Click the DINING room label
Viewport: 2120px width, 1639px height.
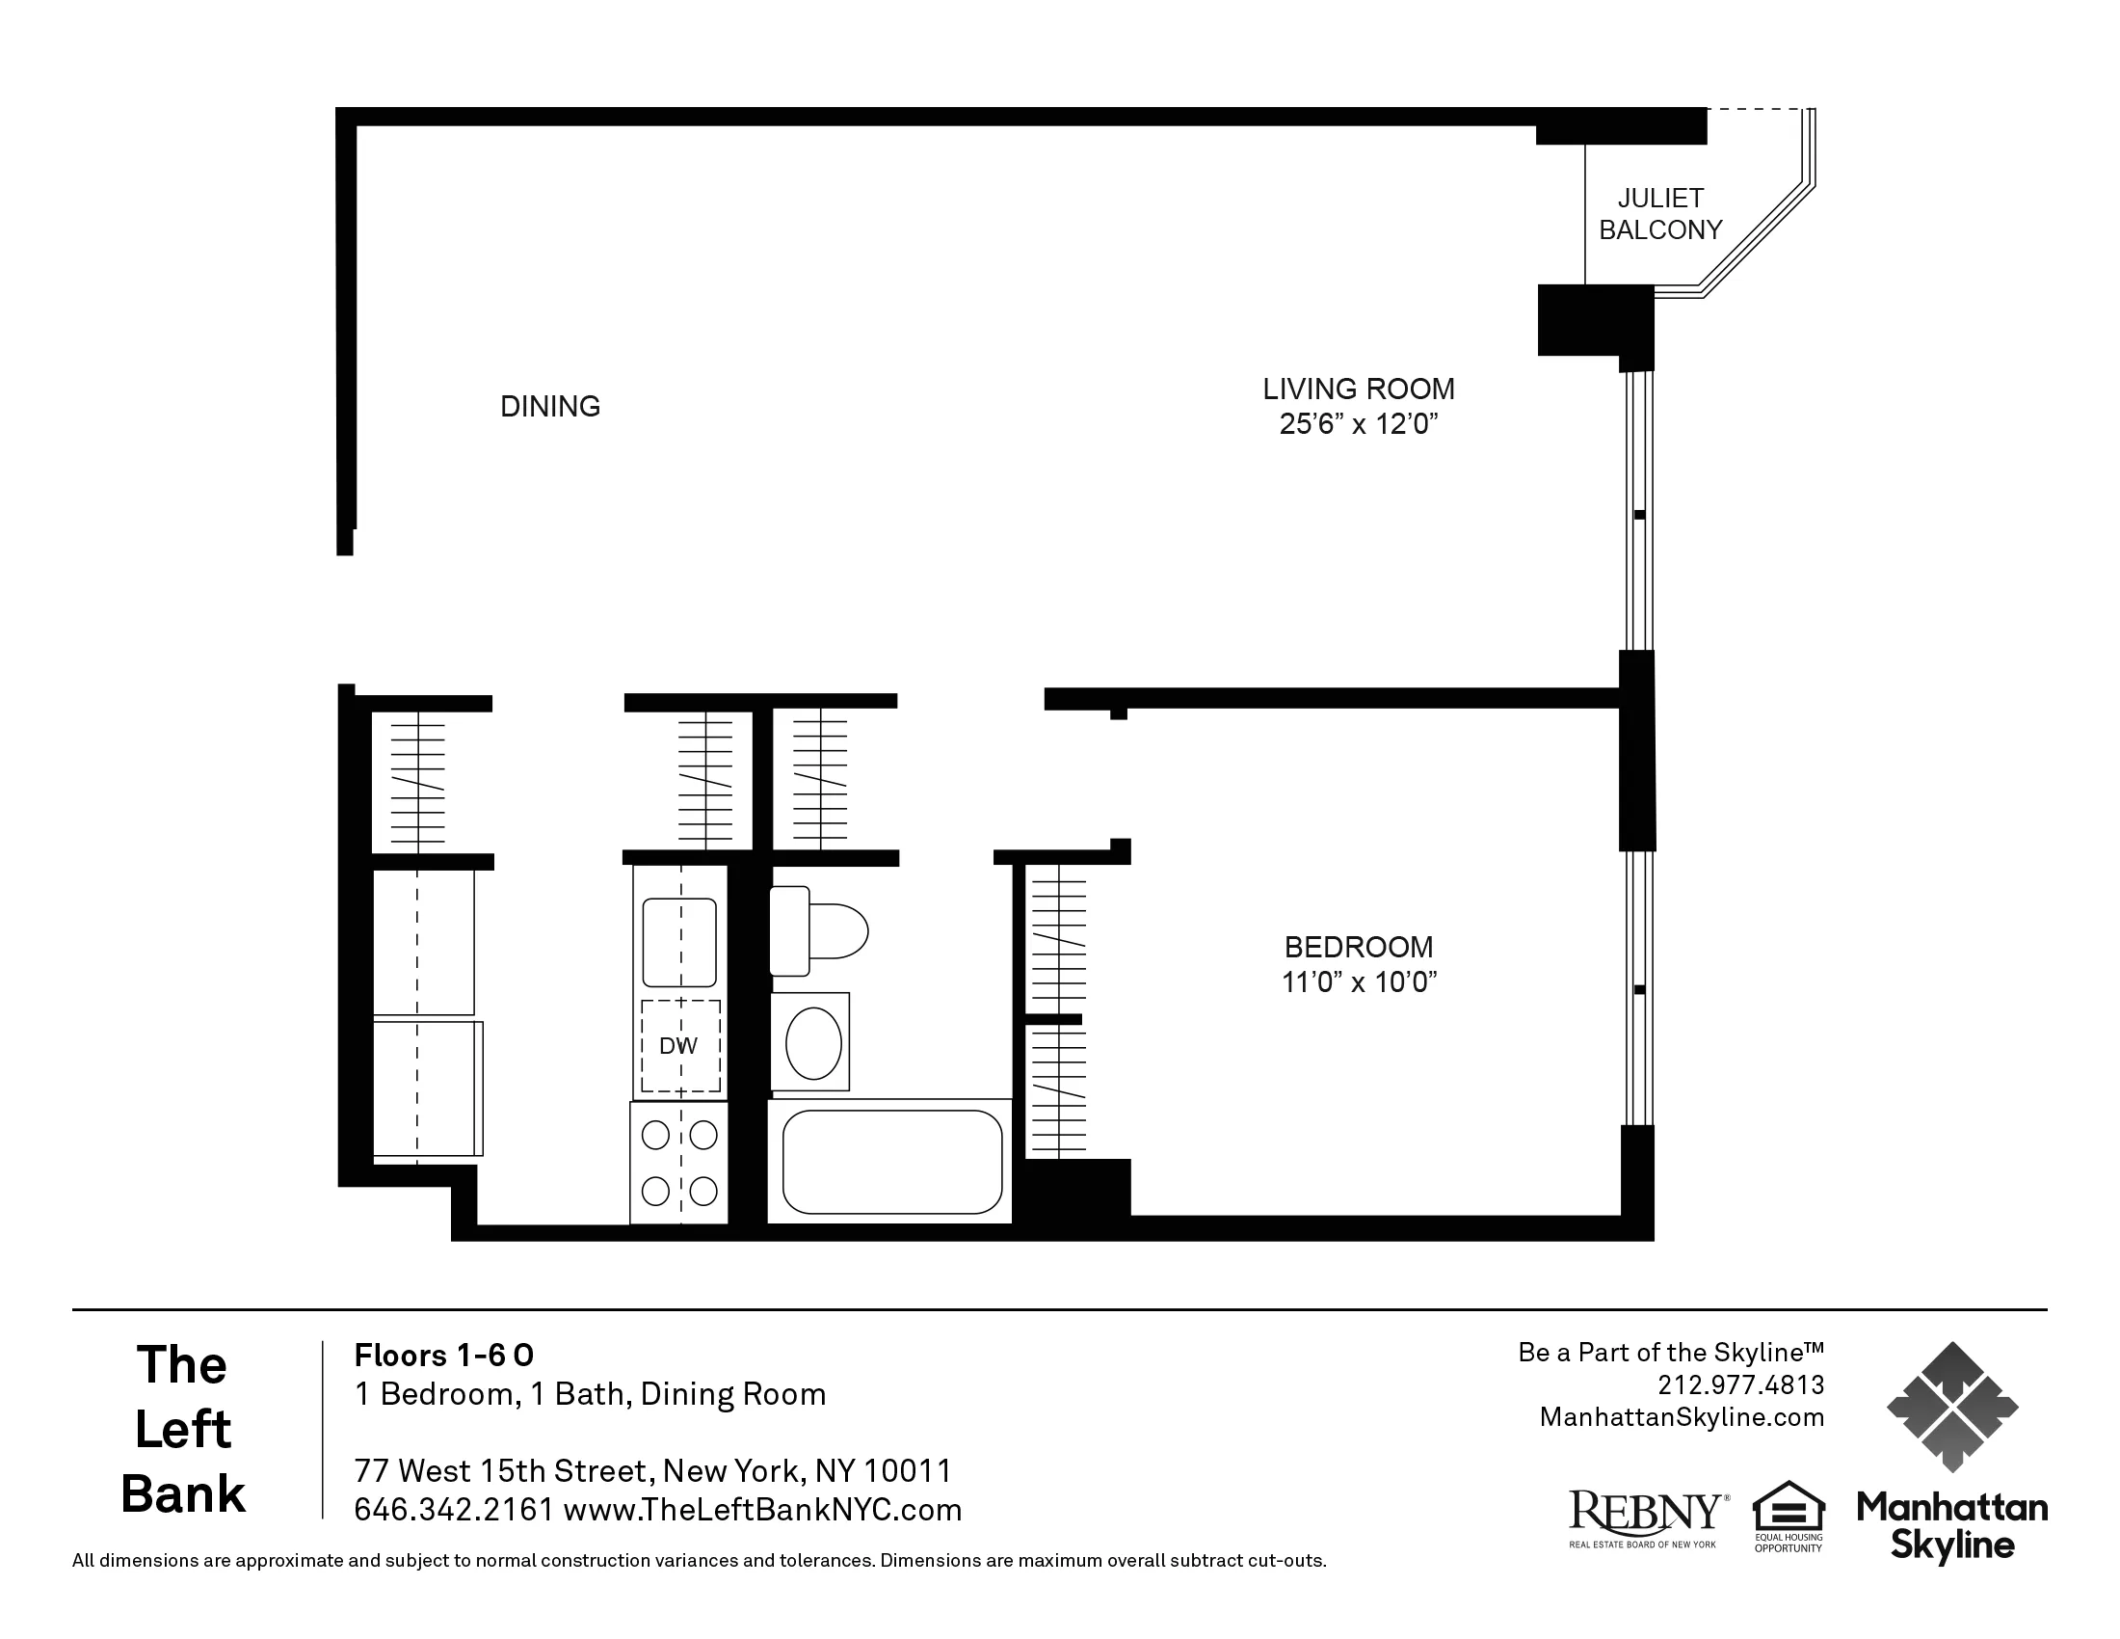[x=549, y=406]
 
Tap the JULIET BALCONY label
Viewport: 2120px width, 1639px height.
[x=1660, y=215]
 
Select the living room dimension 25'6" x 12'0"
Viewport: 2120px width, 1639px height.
[x=1357, y=424]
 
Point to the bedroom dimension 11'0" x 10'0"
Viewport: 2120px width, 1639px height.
[x=1358, y=982]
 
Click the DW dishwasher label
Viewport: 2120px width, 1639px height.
[x=678, y=1046]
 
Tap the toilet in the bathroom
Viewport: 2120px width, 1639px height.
[x=818, y=930]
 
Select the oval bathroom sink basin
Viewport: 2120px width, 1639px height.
[x=812, y=1043]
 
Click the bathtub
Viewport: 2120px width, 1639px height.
[x=891, y=1162]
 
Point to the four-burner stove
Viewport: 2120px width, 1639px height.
[x=678, y=1163]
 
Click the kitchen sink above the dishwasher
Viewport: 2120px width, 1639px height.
[x=679, y=943]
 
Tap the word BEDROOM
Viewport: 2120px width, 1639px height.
[x=1358, y=947]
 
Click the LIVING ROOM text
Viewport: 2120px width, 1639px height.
[x=1358, y=390]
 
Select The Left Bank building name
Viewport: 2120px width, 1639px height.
[x=183, y=1429]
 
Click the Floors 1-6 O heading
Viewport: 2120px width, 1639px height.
[x=443, y=1355]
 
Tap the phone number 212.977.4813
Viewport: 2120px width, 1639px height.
[x=1740, y=1384]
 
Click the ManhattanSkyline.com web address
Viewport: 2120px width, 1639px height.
[x=1682, y=1417]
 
